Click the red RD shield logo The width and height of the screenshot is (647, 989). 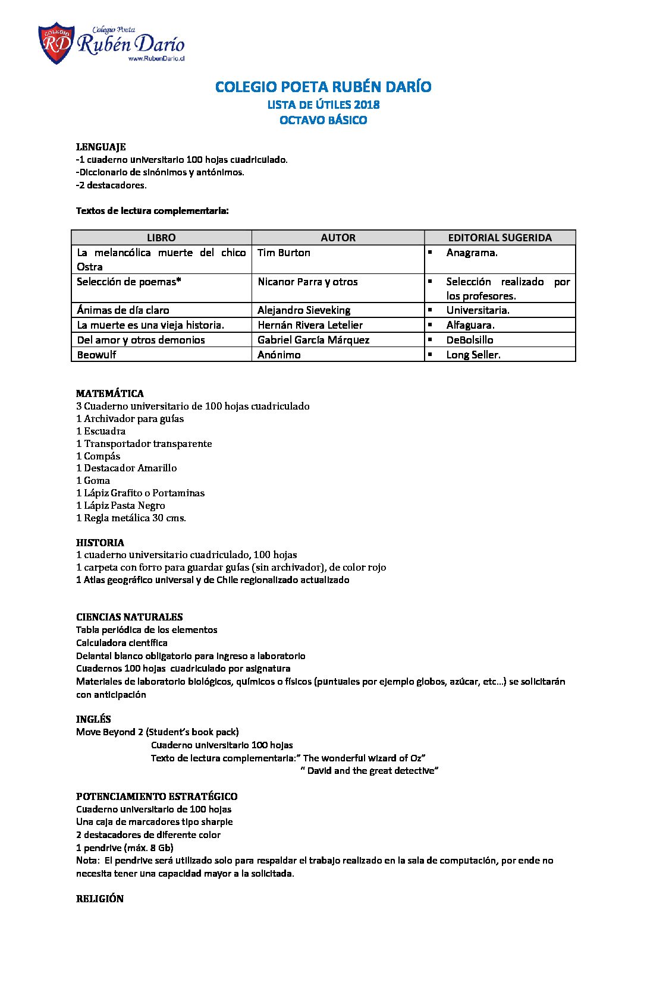(x=56, y=43)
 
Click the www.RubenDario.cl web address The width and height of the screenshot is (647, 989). (x=156, y=59)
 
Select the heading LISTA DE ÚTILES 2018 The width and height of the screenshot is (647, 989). (x=323, y=105)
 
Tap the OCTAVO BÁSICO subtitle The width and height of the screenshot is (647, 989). (x=323, y=120)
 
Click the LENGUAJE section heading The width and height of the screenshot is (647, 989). (x=100, y=147)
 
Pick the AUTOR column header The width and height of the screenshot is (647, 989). (x=338, y=238)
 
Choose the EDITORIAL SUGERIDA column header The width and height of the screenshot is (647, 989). (x=500, y=238)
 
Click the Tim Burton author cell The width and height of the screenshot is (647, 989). (x=284, y=253)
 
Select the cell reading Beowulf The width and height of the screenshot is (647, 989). (x=96, y=355)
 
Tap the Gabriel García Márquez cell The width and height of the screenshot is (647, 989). (x=313, y=340)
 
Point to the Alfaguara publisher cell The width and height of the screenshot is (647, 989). (x=470, y=325)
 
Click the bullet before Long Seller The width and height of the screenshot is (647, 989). (x=429, y=354)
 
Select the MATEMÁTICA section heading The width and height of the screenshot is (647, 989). (x=109, y=393)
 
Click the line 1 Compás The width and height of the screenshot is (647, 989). (x=98, y=456)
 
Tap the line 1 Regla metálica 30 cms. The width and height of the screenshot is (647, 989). (x=131, y=518)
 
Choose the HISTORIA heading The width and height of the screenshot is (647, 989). (x=100, y=543)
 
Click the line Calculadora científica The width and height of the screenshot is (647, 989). (x=121, y=642)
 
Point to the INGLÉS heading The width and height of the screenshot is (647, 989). (x=93, y=719)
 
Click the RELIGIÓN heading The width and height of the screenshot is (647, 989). (x=99, y=899)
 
